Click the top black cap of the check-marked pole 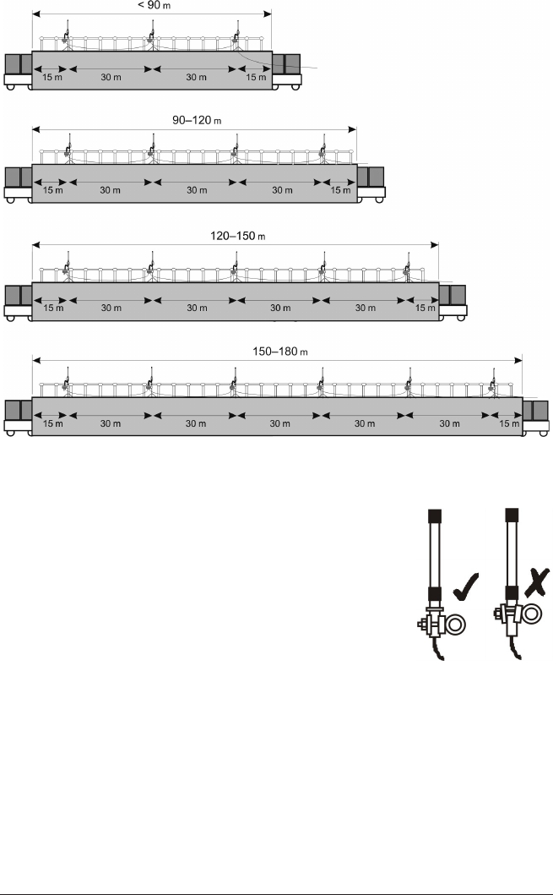pos(435,515)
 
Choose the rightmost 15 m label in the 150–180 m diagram pos(508,424)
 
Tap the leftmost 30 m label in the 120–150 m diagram pos(111,308)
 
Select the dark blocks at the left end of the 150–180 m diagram pos(18,411)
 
